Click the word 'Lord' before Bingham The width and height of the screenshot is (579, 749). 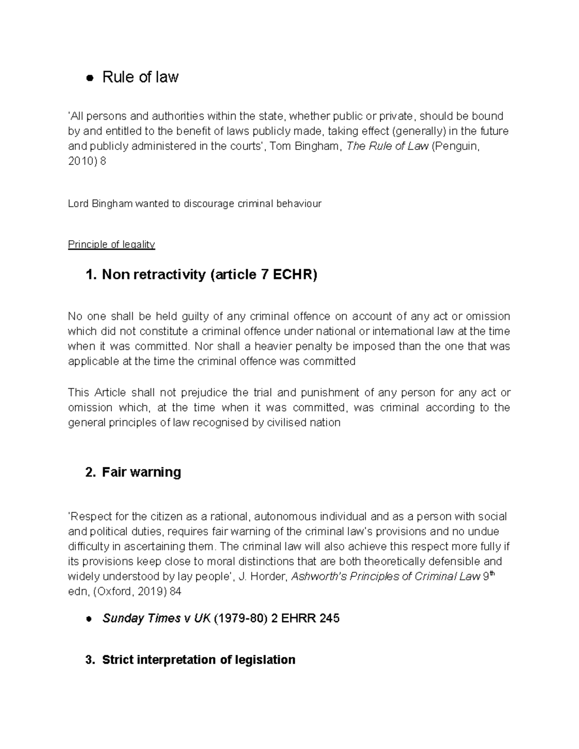click(78, 204)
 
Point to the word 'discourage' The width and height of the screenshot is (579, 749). click(209, 204)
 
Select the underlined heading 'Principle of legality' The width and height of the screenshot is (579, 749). click(111, 245)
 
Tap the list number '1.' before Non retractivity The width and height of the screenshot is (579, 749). click(91, 275)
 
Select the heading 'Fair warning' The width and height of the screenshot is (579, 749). click(141, 472)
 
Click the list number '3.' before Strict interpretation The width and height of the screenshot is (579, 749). click(90, 660)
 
